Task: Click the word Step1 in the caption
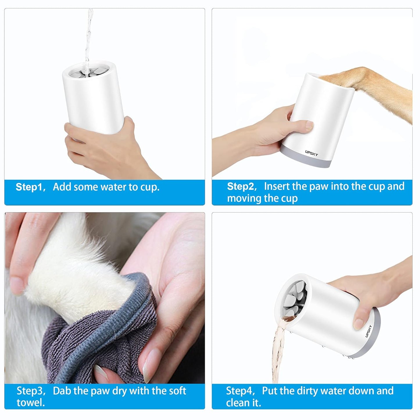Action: (28, 187)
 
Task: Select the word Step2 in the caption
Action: (240, 186)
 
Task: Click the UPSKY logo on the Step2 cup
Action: (312, 153)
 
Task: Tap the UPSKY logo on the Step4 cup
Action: (368, 331)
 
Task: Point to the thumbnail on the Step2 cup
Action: (309, 125)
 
